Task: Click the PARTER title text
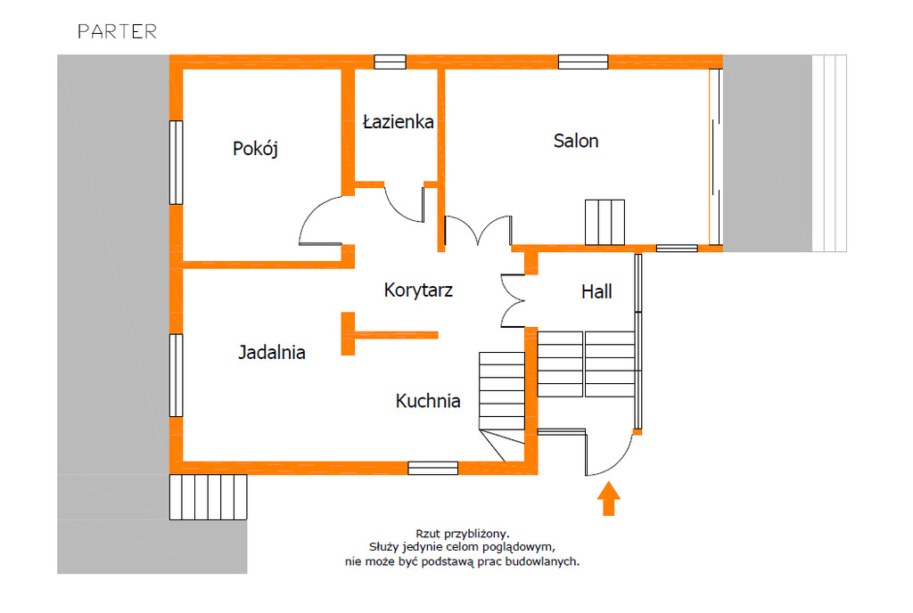click(118, 31)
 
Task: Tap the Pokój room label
click(255, 149)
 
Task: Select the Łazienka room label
click(399, 121)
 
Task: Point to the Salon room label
click(576, 141)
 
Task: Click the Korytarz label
click(418, 290)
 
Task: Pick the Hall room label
click(596, 291)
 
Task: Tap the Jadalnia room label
click(272, 353)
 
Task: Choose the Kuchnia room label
click(428, 401)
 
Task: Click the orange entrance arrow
click(608, 498)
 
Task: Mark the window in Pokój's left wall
click(176, 162)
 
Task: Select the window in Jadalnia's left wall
click(176, 375)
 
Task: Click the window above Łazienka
click(390, 61)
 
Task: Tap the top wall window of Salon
click(583, 61)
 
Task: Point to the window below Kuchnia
click(432, 468)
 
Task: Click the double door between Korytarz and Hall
click(513, 300)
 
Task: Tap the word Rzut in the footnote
click(428, 534)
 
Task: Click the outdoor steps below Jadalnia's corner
click(208, 496)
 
